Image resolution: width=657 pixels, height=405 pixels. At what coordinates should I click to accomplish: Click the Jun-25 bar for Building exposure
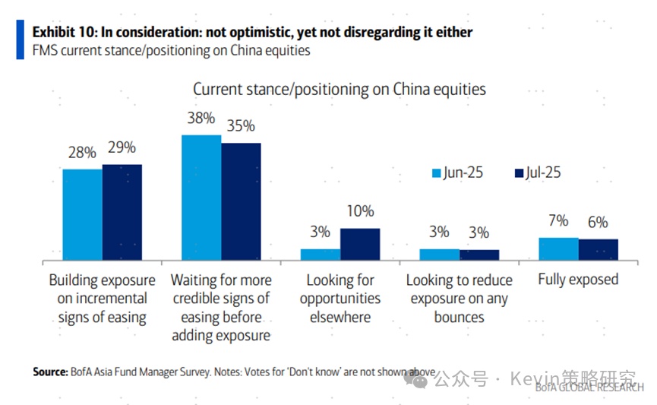(82, 214)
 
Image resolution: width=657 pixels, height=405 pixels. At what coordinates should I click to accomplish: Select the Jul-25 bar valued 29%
(122, 212)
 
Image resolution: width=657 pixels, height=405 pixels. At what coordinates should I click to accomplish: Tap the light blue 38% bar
(201, 198)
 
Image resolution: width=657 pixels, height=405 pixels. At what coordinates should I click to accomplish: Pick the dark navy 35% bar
(241, 201)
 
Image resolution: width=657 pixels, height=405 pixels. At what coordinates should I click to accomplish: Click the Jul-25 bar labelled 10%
(360, 244)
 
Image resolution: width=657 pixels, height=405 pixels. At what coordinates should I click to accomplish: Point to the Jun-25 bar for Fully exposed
(558, 248)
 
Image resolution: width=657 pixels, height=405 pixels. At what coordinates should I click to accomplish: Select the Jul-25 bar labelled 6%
(599, 249)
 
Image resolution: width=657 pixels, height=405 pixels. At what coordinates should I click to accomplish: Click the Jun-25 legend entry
(457, 172)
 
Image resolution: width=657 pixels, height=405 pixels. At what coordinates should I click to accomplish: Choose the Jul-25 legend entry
(537, 172)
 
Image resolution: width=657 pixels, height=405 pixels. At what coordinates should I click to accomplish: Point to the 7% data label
(558, 220)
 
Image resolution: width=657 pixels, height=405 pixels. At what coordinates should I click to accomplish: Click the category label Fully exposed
(578, 280)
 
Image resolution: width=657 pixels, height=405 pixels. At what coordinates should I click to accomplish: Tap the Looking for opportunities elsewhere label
(340, 298)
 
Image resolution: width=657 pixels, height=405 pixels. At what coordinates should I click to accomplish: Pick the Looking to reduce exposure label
(459, 298)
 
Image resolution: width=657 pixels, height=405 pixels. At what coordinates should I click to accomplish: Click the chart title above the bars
(339, 89)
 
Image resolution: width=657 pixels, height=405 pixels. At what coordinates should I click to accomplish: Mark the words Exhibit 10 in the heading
(64, 32)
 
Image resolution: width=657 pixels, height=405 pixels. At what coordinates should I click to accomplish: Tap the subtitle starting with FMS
(170, 51)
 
